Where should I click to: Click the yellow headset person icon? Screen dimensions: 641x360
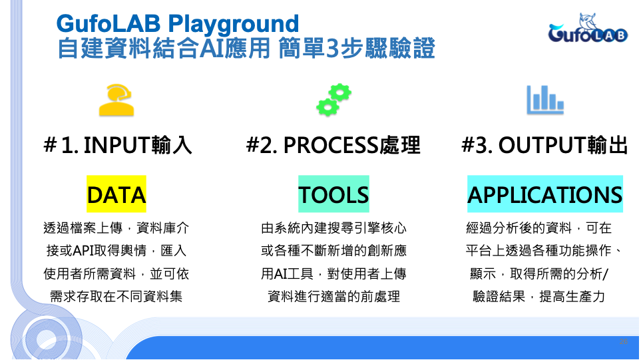[116, 100]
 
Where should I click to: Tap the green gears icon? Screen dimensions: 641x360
[333, 100]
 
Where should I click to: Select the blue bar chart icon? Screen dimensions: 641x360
[545, 100]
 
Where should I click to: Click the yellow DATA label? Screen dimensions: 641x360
[116, 194]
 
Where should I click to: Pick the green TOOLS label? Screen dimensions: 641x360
[333, 194]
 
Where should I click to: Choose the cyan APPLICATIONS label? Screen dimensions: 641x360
[545, 194]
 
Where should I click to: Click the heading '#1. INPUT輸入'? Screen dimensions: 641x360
[118, 145]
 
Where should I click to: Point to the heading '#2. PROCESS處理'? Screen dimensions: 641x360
[333, 145]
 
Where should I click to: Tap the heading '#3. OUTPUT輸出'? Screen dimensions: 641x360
[544, 145]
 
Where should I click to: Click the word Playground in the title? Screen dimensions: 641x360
[233, 25]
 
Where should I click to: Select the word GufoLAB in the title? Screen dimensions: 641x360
[108, 23]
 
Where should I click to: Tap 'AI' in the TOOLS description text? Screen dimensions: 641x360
[281, 273]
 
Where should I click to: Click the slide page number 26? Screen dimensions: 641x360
[624, 341]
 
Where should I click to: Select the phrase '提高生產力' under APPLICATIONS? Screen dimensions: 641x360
[572, 296]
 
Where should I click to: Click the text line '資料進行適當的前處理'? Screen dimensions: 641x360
[333, 296]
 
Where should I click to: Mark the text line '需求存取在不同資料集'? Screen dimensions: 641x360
[116, 296]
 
